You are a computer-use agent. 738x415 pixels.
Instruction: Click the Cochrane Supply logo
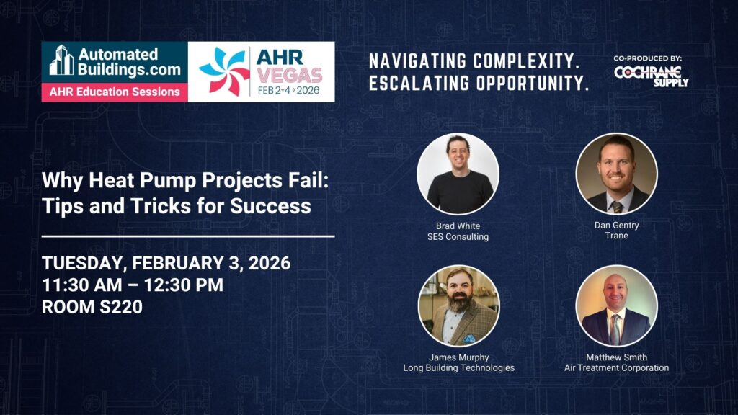pyautogui.click(x=651, y=76)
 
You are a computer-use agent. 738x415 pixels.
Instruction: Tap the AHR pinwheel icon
pyautogui.click(x=224, y=71)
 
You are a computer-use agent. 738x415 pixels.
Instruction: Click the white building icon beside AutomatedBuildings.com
pyautogui.click(x=62, y=60)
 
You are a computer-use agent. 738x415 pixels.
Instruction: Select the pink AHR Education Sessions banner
pyautogui.click(x=115, y=92)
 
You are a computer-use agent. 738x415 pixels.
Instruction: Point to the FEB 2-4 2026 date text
pyautogui.click(x=288, y=90)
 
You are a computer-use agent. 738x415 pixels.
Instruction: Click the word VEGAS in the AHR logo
pyautogui.click(x=289, y=75)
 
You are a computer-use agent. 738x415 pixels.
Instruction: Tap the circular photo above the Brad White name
pyautogui.click(x=458, y=174)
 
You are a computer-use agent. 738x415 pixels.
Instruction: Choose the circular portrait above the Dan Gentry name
pyautogui.click(x=617, y=174)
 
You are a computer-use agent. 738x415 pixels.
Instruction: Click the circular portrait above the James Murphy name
pyautogui.click(x=458, y=305)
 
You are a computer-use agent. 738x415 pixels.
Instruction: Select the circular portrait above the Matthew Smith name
pyautogui.click(x=617, y=305)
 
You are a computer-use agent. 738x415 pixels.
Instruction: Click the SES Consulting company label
pyautogui.click(x=458, y=236)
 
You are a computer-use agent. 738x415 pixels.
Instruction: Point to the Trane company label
pyautogui.click(x=617, y=236)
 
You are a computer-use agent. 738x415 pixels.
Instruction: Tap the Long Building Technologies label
pyautogui.click(x=459, y=368)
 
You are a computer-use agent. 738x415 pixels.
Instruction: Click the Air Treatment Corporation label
pyautogui.click(x=617, y=368)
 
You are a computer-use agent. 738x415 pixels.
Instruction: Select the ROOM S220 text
pyautogui.click(x=92, y=307)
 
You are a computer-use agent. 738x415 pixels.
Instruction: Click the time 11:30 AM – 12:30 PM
pyautogui.click(x=133, y=285)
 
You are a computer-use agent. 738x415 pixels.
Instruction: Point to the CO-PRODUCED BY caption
pyautogui.click(x=648, y=58)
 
